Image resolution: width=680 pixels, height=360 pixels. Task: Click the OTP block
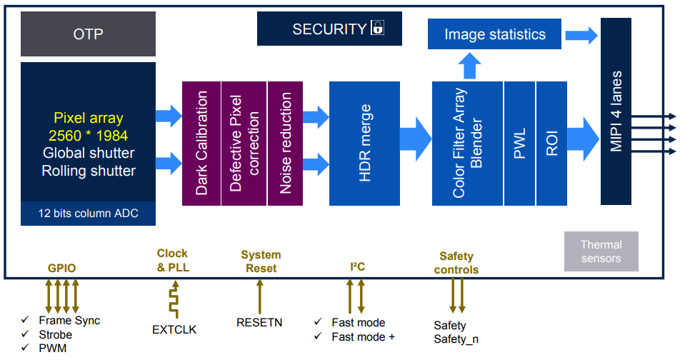[89, 34]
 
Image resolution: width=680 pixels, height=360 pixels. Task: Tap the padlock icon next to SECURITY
[377, 29]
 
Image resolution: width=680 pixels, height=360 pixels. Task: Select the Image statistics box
[494, 34]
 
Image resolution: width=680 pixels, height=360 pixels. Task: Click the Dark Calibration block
[202, 143]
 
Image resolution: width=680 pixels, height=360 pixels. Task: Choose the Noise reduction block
[286, 143]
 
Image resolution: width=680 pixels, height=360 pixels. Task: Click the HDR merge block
[364, 143]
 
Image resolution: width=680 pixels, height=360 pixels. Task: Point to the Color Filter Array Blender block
[467, 143]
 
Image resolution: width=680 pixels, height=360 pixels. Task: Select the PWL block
[519, 143]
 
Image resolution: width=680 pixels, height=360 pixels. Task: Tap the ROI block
[551, 143]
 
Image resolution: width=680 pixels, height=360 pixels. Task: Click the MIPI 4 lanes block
[616, 111]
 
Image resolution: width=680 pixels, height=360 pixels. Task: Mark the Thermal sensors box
[601, 251]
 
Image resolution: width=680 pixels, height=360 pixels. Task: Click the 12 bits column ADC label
[88, 214]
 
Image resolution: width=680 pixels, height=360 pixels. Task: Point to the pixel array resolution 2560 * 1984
[89, 135]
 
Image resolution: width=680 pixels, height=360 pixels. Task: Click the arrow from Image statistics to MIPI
[581, 34]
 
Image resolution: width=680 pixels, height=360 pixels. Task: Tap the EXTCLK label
[174, 329]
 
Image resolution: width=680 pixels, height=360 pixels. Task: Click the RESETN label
[259, 322]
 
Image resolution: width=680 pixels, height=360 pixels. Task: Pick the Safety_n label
[456, 339]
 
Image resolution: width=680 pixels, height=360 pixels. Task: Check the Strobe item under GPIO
[56, 334]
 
